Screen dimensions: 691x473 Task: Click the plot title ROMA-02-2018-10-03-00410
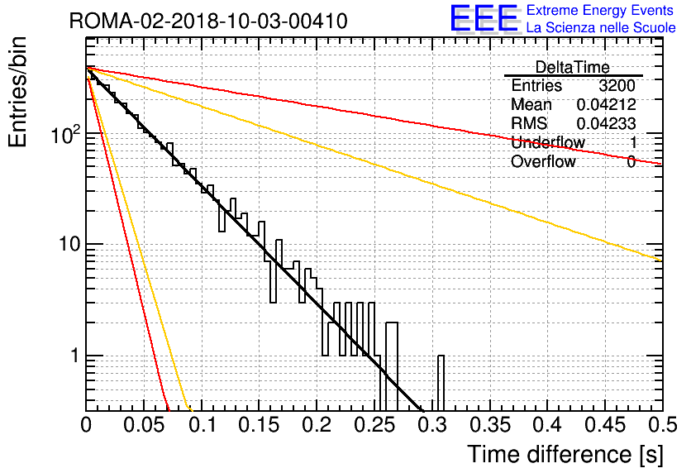pos(208,21)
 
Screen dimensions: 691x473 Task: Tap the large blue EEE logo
pos(484,18)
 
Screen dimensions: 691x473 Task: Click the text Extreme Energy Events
pos(600,10)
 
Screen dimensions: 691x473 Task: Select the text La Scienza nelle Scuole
pos(601,27)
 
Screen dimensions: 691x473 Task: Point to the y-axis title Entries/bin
pos(17,92)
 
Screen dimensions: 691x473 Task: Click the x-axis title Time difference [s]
pos(565,454)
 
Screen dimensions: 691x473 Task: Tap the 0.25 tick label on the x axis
pos(374,425)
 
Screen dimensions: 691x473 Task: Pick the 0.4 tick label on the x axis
pos(548,425)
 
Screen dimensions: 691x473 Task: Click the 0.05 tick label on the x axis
pos(144,425)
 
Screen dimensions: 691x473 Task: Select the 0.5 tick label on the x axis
pos(662,425)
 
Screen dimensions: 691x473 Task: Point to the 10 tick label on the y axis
pos(69,244)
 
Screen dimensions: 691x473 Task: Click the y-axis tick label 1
pos(75,356)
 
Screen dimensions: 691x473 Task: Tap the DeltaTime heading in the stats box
pos(573,67)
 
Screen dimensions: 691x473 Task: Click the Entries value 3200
pos(617,85)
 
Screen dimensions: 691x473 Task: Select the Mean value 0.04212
pos(606,104)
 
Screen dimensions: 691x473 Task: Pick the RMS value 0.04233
pos(606,123)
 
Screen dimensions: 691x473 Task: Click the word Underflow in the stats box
pos(548,142)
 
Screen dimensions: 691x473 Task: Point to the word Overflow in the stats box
pos(543,161)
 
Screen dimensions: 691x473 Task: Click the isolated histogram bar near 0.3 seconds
pos(441,383)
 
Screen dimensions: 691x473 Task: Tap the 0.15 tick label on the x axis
pos(260,425)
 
